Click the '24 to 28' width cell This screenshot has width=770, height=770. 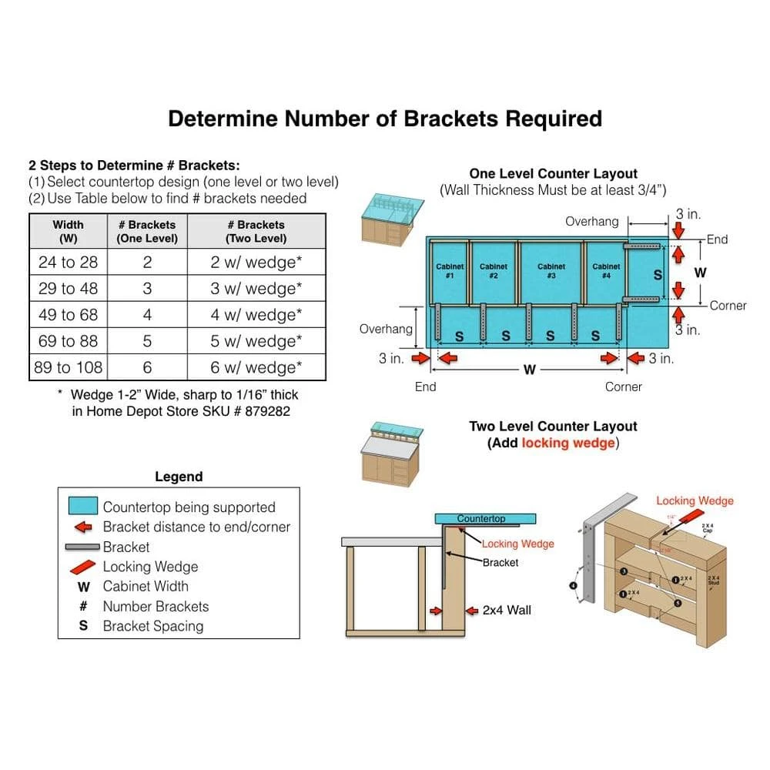point(69,263)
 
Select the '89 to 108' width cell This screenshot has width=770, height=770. point(69,367)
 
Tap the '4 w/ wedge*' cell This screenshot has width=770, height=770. point(256,315)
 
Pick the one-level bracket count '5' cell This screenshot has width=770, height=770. point(147,341)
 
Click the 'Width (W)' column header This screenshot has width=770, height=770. point(69,231)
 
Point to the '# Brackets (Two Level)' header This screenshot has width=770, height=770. point(256,231)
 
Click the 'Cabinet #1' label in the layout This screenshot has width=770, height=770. point(450,271)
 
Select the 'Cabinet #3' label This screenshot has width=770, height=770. point(551,271)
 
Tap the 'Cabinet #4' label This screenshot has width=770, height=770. point(607,271)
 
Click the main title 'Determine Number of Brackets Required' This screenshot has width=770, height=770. point(385,119)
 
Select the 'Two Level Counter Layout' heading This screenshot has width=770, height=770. point(554,427)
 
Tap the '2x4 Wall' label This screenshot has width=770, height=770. point(507,611)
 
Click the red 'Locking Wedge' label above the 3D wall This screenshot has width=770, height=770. point(695,501)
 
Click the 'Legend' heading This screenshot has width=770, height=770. point(179,477)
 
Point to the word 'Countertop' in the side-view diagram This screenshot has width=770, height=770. point(481,519)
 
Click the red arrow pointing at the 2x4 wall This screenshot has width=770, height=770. point(437,611)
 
